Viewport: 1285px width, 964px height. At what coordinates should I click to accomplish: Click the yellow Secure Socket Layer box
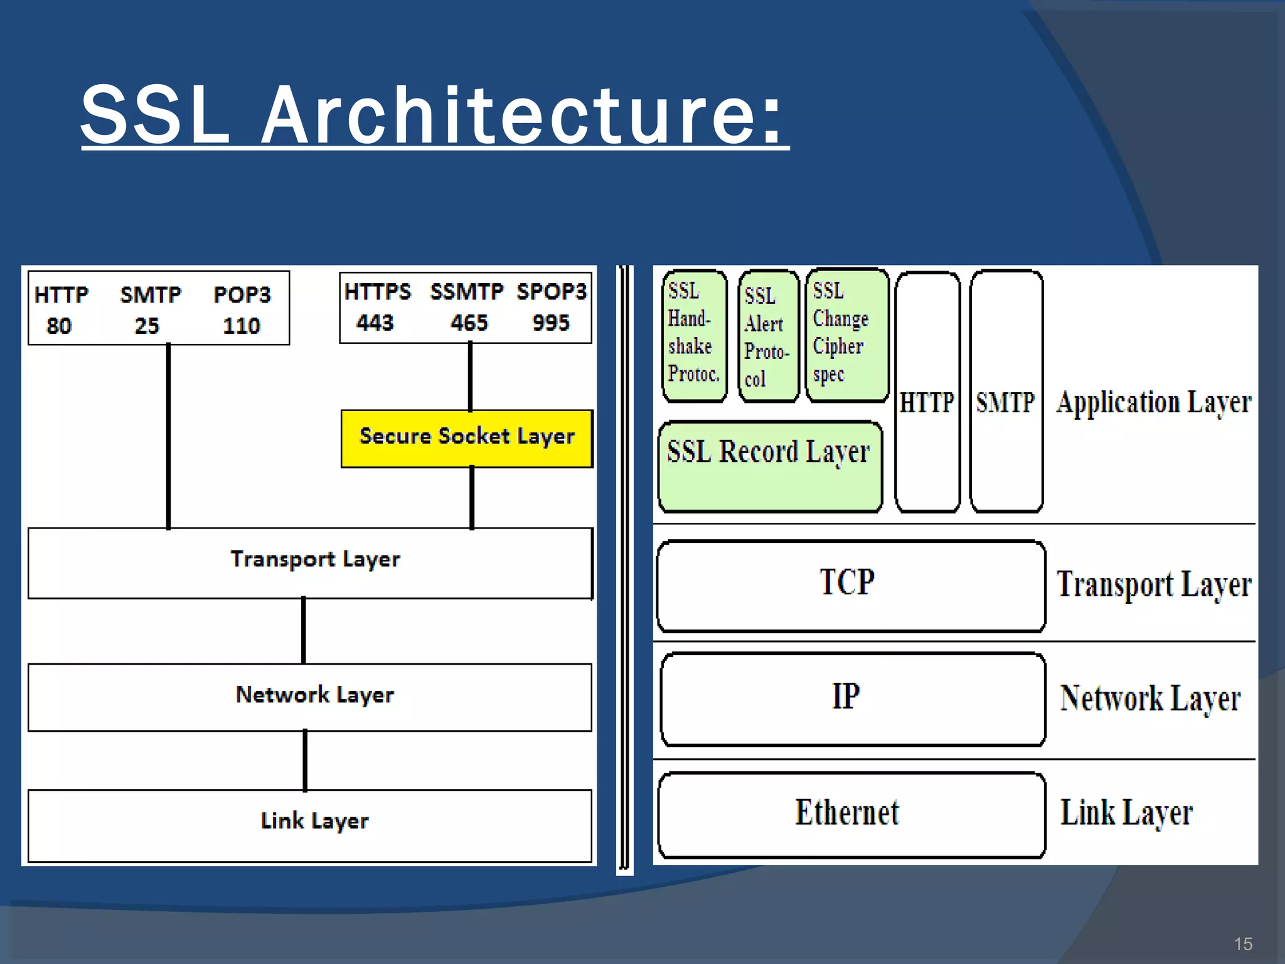466,438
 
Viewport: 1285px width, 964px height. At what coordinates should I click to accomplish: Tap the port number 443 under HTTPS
375,323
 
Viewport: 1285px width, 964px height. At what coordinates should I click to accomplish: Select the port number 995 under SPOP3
550,323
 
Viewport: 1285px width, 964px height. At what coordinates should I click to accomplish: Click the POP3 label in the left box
242,294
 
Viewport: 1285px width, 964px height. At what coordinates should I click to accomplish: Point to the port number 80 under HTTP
59,325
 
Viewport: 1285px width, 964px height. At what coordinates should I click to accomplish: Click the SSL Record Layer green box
769,466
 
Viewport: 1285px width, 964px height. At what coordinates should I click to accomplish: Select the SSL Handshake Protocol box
694,336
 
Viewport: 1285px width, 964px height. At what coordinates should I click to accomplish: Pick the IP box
851,698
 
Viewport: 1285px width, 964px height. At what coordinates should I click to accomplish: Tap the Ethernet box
850,814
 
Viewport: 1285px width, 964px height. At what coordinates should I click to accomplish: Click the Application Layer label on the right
1153,402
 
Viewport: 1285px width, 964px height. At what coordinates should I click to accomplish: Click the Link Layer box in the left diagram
310,825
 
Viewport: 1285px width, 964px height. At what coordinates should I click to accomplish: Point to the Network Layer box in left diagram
310,697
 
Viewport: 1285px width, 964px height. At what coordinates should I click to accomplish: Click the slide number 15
1242,944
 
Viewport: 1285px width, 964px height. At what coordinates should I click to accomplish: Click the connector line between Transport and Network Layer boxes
304,631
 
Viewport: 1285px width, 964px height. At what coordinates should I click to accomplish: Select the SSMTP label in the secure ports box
466,291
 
